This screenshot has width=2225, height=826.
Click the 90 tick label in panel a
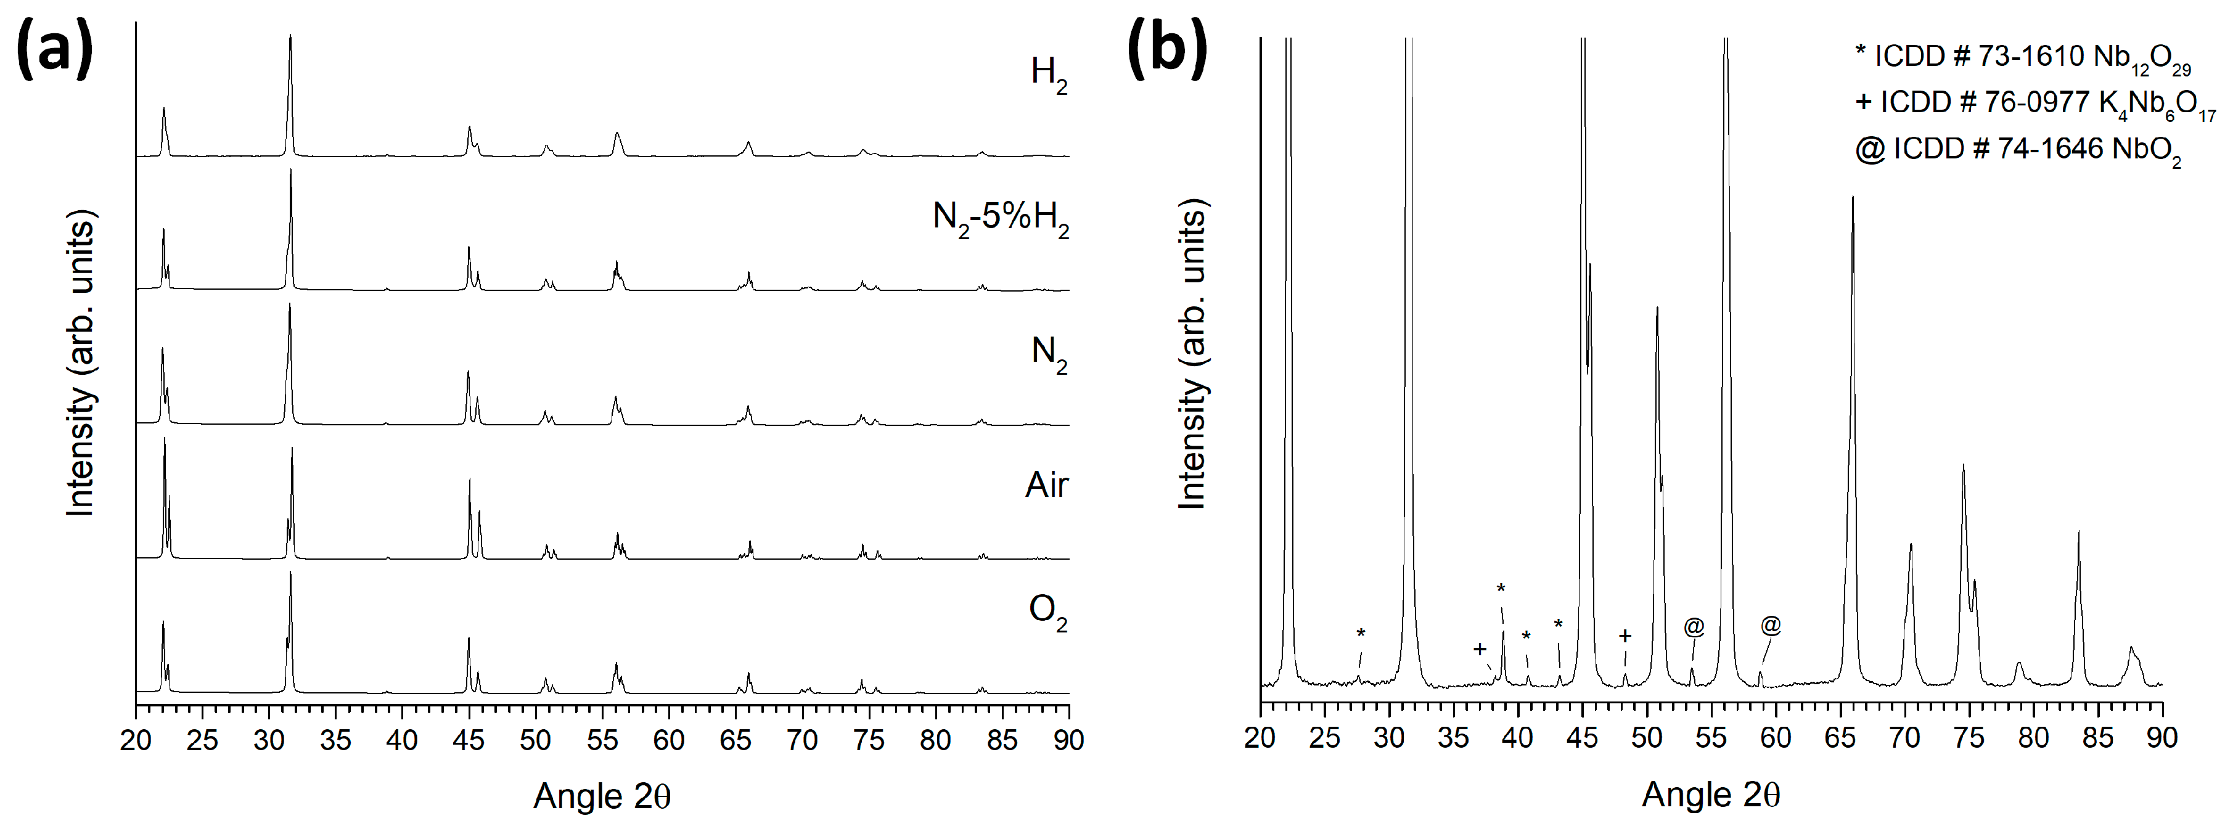tap(1068, 740)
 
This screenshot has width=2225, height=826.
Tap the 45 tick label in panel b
tap(1583, 737)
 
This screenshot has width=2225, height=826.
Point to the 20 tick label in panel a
tap(136, 740)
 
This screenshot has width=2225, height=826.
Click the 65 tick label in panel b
tap(1840, 737)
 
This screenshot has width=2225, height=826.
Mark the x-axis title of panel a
tap(602, 795)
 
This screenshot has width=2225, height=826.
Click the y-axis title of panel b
tap(1193, 354)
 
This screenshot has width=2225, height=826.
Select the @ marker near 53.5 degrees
tap(1694, 626)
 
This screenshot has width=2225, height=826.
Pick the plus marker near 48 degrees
tap(1625, 637)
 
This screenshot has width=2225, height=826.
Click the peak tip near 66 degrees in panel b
tap(1853, 198)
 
